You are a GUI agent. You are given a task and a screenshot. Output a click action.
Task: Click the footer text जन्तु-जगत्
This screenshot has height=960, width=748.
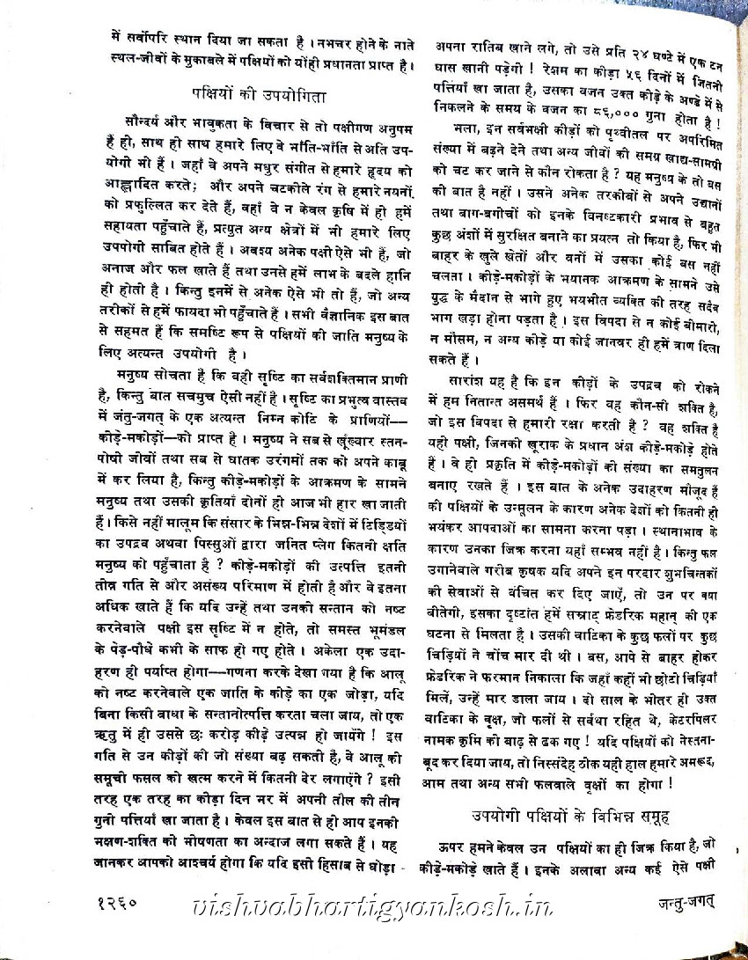point(676,902)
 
